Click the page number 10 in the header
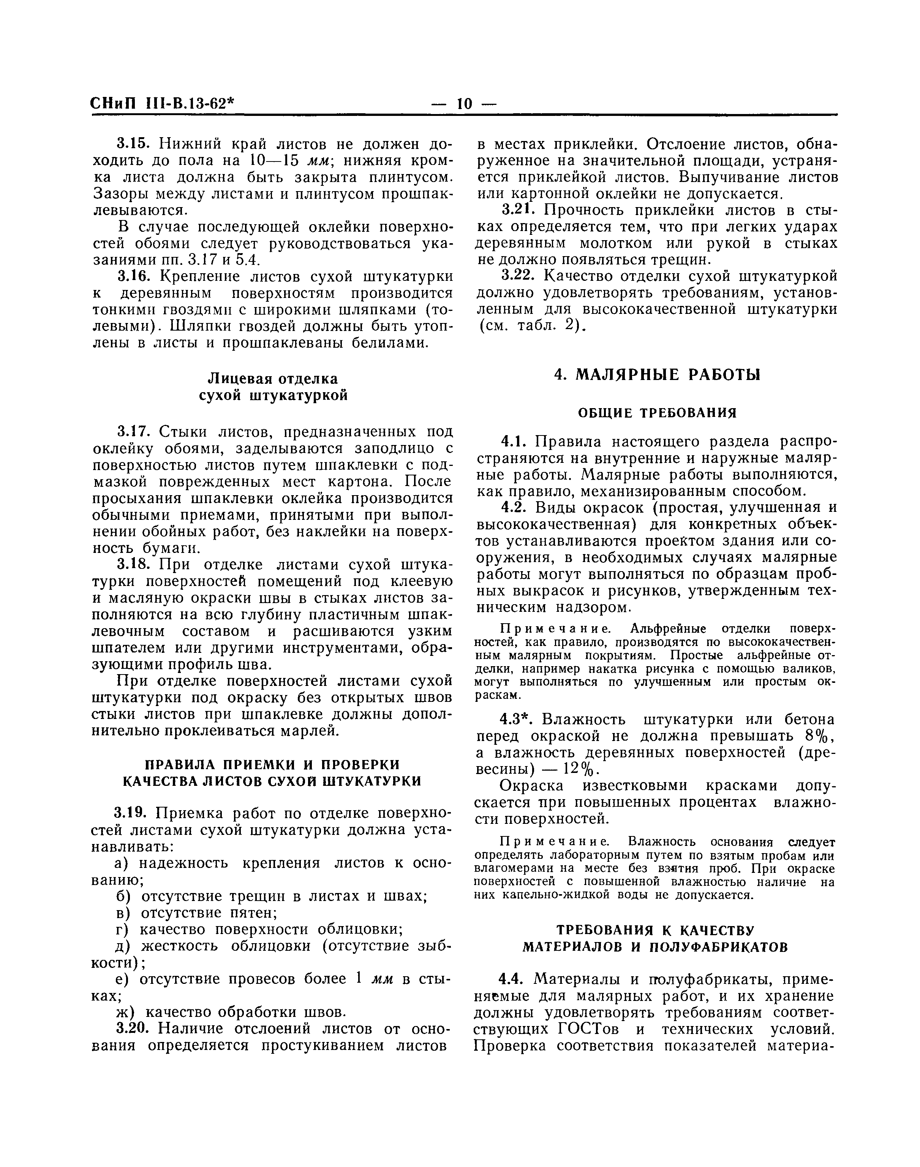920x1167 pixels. point(464,103)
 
